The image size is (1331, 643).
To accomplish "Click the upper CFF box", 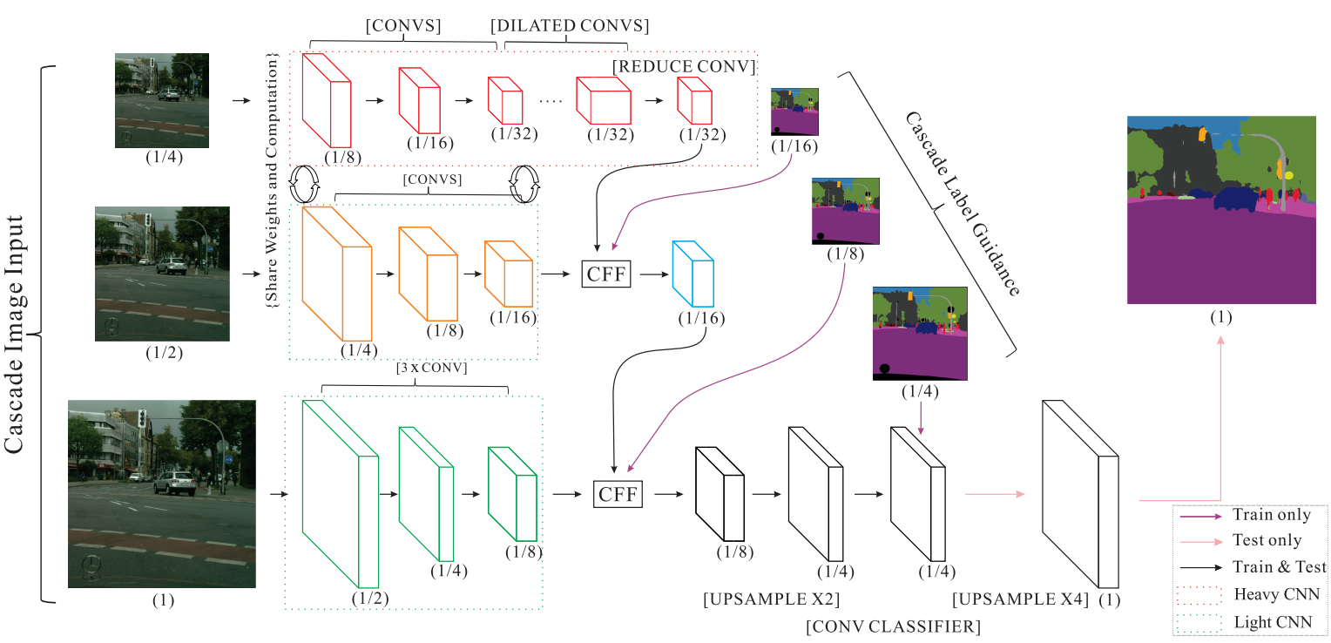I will pyautogui.click(x=605, y=273).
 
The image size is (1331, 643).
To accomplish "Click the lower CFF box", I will pyautogui.click(x=618, y=494).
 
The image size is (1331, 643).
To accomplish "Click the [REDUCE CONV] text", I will pyautogui.click(x=683, y=66).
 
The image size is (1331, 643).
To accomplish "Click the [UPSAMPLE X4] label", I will pyautogui.click(x=1021, y=599).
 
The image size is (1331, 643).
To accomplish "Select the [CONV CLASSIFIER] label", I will pyautogui.click(x=893, y=626).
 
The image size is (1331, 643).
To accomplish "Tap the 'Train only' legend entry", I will pyautogui.click(x=1271, y=515).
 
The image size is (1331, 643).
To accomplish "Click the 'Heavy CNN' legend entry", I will pyautogui.click(x=1275, y=594).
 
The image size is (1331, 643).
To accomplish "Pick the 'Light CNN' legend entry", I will pyautogui.click(x=1274, y=622).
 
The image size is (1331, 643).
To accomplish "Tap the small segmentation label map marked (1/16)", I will pyautogui.click(x=794, y=111).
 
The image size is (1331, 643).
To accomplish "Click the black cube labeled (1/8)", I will pyautogui.click(x=719, y=493).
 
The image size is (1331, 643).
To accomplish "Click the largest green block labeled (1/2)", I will pyautogui.click(x=340, y=493).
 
